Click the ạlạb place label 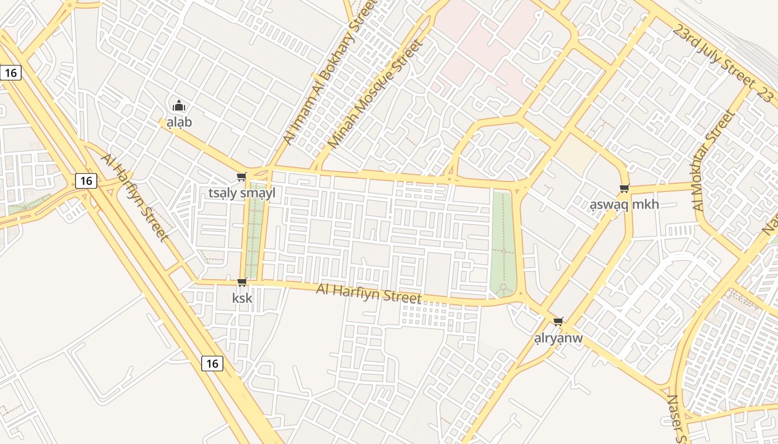coord(179,122)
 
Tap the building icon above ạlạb coord(178,105)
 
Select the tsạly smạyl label coord(242,193)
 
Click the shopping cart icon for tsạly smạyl coord(241,177)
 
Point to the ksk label coord(242,298)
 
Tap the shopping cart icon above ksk coord(242,282)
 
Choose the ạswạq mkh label coord(624,204)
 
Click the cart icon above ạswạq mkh coord(625,189)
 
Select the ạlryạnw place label coord(558,338)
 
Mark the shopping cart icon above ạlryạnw coord(558,322)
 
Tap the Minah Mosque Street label coord(372,93)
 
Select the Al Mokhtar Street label coord(714,161)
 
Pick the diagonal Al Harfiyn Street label coord(134,198)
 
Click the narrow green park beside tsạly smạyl coord(255,230)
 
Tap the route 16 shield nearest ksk coord(212,364)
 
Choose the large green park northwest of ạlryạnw coord(503,241)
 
